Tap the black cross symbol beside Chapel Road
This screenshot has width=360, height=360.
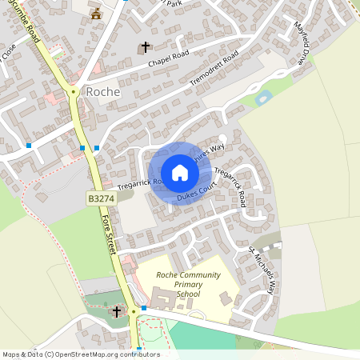click(146, 47)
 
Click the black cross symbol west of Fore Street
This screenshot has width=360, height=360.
click(117, 310)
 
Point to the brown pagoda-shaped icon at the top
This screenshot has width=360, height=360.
click(97, 13)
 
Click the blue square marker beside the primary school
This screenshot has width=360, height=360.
click(144, 308)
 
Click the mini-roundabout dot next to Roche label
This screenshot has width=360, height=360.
click(74, 92)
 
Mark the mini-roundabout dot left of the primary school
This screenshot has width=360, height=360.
click(134, 311)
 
